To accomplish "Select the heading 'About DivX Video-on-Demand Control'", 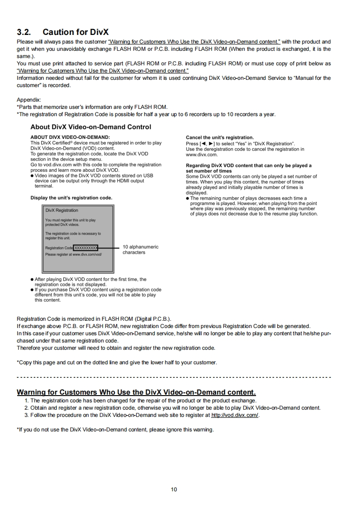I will [x=91, y=127].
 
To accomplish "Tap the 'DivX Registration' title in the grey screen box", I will [x=62, y=210].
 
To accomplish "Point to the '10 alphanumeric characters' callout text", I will [x=140, y=250].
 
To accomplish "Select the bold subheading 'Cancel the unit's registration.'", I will [x=220, y=137].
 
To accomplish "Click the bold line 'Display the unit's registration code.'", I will [x=71, y=198].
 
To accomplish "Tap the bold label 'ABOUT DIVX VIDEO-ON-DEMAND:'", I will [x=70, y=137].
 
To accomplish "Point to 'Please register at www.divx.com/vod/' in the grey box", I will [x=74, y=254].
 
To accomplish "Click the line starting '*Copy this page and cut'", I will [x=117, y=362].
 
